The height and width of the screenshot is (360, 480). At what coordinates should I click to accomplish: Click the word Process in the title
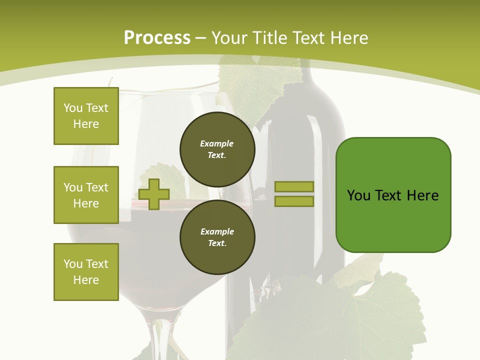157,38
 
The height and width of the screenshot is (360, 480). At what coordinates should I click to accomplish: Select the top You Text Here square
86,116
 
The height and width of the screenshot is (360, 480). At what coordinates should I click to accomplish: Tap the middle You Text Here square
86,195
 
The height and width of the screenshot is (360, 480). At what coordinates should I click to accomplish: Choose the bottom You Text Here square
86,272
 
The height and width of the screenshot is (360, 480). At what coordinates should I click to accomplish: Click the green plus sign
154,194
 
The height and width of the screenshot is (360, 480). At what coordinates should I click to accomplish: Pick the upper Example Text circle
217,149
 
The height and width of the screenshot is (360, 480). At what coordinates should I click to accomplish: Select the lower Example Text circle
217,237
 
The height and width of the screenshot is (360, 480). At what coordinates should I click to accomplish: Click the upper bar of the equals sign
294,186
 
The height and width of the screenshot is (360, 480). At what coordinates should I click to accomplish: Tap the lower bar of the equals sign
294,201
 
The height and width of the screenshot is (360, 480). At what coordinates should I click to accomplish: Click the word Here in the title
348,38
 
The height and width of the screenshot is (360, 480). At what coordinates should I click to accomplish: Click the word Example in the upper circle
216,143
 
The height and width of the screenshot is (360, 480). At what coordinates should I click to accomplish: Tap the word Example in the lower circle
217,231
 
